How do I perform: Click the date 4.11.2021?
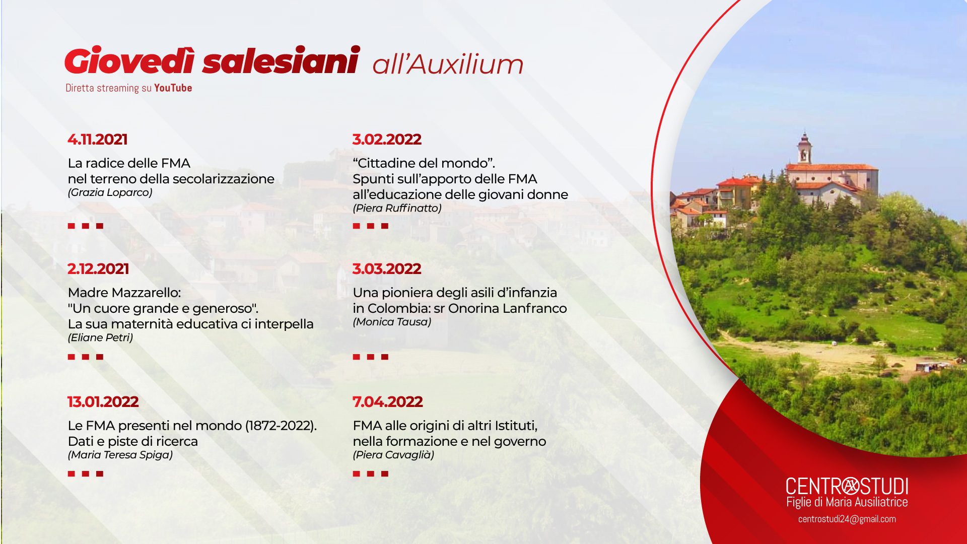(x=98, y=140)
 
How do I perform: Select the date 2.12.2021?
(x=98, y=269)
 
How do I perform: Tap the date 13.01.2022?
(x=103, y=402)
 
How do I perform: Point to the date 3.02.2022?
(x=387, y=140)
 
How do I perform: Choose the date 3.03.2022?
(x=387, y=269)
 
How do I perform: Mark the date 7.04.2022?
(x=388, y=402)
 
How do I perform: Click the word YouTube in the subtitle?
(x=173, y=88)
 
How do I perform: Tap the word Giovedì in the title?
(x=129, y=61)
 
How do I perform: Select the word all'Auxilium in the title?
(x=448, y=64)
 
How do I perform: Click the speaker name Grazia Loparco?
(x=110, y=192)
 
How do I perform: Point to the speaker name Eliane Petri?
(x=101, y=337)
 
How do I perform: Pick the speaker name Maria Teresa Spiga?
(x=120, y=455)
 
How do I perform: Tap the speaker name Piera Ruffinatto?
(x=397, y=208)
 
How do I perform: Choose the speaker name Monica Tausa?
(x=392, y=322)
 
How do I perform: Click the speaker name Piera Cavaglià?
(x=393, y=455)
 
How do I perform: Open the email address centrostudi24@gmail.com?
(x=847, y=519)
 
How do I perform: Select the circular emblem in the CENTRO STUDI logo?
(x=851, y=486)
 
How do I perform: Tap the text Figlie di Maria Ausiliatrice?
(x=847, y=502)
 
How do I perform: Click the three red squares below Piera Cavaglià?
(x=371, y=473)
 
